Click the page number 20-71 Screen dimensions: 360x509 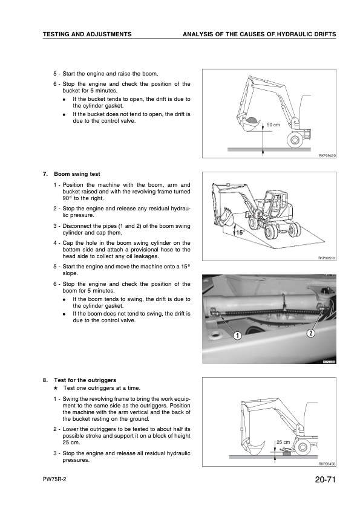[x=324, y=479]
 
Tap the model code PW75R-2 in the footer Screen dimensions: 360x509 [x=54, y=480]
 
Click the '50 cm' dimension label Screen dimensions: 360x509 [x=273, y=125]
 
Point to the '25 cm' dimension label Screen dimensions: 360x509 [x=283, y=442]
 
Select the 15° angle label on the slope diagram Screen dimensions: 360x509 [x=240, y=232]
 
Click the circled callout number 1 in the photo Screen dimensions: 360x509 [x=238, y=336]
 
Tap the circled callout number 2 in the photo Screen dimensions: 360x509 [x=311, y=333]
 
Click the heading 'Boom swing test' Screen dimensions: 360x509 [x=77, y=174]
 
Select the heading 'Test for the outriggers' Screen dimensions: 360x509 [x=85, y=380]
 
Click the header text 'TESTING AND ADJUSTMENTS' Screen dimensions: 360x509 [x=87, y=34]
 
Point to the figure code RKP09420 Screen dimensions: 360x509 [x=327, y=156]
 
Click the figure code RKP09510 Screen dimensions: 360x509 [x=327, y=258]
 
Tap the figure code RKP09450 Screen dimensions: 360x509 [x=327, y=464]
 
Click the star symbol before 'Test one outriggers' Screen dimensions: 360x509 [x=56, y=388]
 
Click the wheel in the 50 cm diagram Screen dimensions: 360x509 [x=295, y=140]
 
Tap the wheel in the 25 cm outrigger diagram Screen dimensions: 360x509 [x=303, y=448]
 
